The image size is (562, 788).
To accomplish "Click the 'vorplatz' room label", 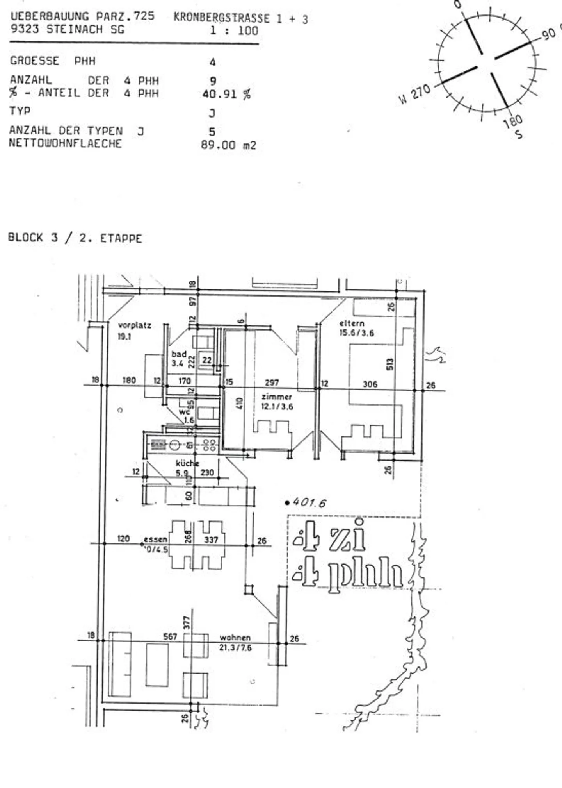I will [x=134, y=325].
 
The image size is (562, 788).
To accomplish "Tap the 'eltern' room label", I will [x=352, y=323].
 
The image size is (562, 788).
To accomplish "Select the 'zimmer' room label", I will [x=277, y=397].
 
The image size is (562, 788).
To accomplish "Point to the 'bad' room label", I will [x=179, y=354].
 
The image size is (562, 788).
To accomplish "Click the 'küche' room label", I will [x=187, y=463].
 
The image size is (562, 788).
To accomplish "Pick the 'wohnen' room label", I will [x=235, y=637].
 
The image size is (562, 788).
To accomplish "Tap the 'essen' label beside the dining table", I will [x=155, y=540].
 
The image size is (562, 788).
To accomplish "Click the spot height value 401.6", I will [x=309, y=502].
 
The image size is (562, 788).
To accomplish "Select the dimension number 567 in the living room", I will [x=170, y=636].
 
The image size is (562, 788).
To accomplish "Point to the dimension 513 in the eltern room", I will [x=390, y=364].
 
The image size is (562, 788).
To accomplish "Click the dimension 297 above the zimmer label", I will [x=272, y=382].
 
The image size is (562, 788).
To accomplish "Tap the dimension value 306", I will [x=370, y=384].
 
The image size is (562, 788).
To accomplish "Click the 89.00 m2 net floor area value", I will [x=228, y=145].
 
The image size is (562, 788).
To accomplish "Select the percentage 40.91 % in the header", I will [x=226, y=94].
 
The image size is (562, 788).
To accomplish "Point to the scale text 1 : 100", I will [x=234, y=30].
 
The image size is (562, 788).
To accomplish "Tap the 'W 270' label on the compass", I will [x=414, y=94].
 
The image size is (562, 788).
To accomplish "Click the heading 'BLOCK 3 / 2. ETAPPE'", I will [x=75, y=238].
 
